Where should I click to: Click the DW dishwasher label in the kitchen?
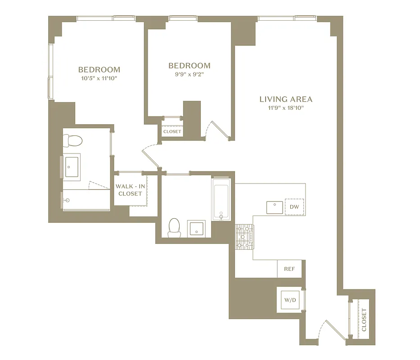[294, 207]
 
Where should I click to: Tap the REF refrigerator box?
[289, 269]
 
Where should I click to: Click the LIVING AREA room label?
[285, 99]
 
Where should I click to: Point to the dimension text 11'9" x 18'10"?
[285, 108]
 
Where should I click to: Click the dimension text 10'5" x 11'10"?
[99, 78]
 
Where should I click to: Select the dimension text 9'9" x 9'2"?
[189, 74]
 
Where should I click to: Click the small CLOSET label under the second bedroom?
[172, 132]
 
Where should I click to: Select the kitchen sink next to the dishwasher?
[274, 207]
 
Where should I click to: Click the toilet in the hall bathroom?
[174, 227]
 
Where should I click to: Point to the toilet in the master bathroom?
[72, 141]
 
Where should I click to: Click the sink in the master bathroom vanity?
[72, 167]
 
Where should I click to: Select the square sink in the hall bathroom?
[197, 229]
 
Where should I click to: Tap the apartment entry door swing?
[326, 328]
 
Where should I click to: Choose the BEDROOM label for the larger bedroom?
[99, 70]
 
